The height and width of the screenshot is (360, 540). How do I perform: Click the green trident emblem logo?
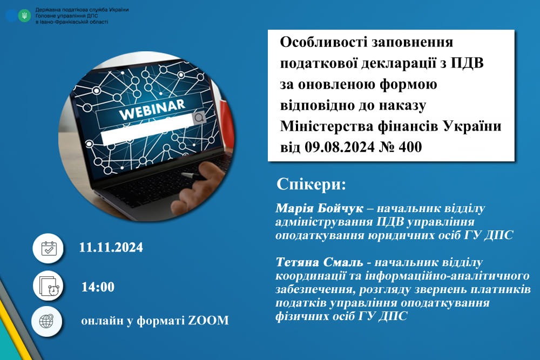coord(24,16)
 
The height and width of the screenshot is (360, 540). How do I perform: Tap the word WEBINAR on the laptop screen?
coord(152,110)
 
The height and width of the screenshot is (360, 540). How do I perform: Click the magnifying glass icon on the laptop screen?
coord(199,118)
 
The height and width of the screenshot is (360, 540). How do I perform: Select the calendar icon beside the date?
coord(49,248)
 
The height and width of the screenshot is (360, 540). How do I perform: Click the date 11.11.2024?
coord(111,247)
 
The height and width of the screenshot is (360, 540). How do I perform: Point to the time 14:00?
coord(98,287)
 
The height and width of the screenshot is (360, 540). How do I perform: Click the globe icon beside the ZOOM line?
coord(46,321)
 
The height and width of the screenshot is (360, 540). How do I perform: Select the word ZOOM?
coord(208,321)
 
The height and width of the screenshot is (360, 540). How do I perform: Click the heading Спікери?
coord(311,185)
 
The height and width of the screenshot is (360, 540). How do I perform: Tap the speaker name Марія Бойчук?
coord(319,208)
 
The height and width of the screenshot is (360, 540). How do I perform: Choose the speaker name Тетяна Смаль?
coord(319,262)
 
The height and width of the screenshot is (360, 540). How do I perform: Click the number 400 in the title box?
coord(410,147)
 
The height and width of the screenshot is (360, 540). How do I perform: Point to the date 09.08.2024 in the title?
coord(340,147)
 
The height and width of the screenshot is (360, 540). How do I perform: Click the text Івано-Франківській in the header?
coord(62,22)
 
